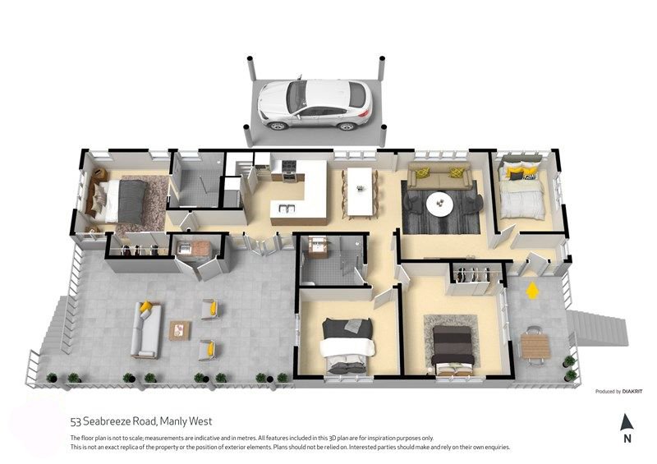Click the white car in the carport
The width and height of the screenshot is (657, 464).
315,104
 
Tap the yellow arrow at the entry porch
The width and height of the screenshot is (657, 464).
531,290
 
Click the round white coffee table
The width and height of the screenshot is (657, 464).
439,204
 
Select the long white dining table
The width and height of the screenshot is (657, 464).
360,191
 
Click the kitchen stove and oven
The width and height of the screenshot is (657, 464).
289,171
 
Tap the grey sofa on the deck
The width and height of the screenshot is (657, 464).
146,330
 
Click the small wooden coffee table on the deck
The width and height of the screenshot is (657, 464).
180,330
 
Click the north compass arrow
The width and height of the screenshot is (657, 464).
627,422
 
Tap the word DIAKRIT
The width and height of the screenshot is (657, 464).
632,392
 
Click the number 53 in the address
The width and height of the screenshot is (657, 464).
76,421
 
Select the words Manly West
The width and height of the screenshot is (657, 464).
186,421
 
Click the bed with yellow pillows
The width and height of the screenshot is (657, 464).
522,189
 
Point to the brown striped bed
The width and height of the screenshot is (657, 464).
454,349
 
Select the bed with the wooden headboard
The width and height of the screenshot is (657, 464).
116,201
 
